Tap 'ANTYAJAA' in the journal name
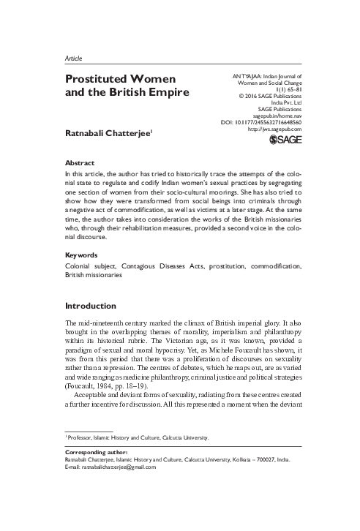(x=244, y=76)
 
